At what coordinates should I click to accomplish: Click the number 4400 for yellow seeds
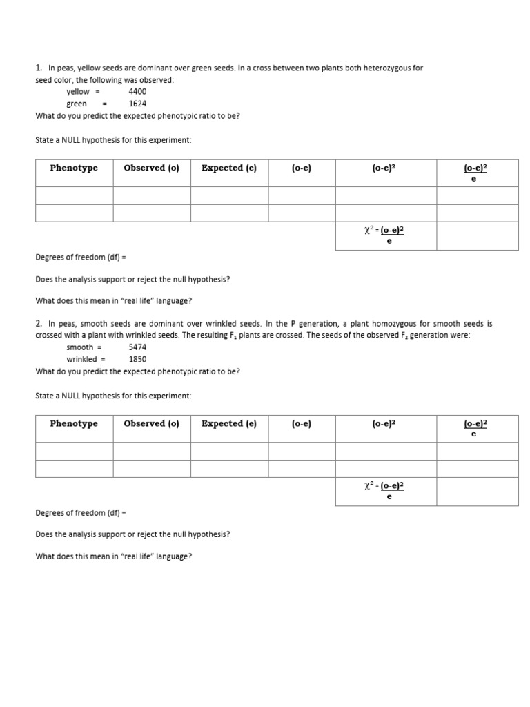point(137,91)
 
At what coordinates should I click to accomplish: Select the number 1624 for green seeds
point(137,104)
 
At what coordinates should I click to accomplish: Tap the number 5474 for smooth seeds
point(137,347)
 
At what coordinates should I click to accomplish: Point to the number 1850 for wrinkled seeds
point(137,359)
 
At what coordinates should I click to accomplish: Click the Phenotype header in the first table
point(74,168)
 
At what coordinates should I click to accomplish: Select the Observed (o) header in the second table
point(151,423)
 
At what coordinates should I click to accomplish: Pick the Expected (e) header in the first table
point(228,168)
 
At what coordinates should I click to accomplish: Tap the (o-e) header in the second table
point(301,423)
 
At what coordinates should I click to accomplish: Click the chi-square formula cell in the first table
point(385,235)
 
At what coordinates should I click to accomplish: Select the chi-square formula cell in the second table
point(385,491)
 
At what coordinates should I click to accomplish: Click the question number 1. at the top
point(39,68)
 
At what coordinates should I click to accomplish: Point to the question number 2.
point(39,323)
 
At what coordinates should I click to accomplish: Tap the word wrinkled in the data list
point(81,359)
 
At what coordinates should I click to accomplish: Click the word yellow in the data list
point(78,91)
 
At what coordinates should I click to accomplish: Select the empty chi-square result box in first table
point(477,235)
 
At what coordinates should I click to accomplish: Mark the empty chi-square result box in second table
point(477,491)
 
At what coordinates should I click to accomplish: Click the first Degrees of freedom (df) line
point(81,258)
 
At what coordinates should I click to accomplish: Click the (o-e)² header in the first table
point(385,168)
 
